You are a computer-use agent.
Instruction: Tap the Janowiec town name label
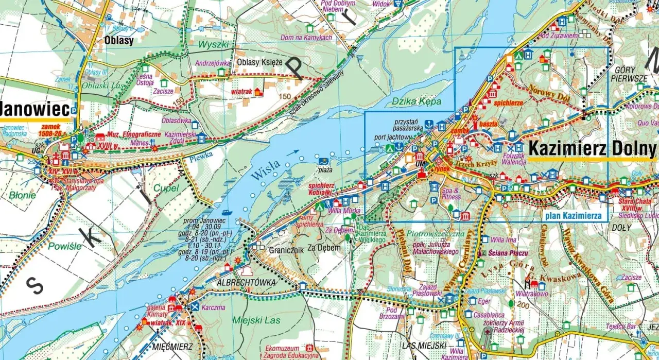pos(35,109)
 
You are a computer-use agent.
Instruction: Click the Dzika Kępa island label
pos(409,101)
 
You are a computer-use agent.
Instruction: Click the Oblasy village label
pos(118,40)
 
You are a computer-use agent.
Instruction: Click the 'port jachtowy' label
pos(393,138)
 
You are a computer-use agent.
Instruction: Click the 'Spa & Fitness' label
pos(450,194)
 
